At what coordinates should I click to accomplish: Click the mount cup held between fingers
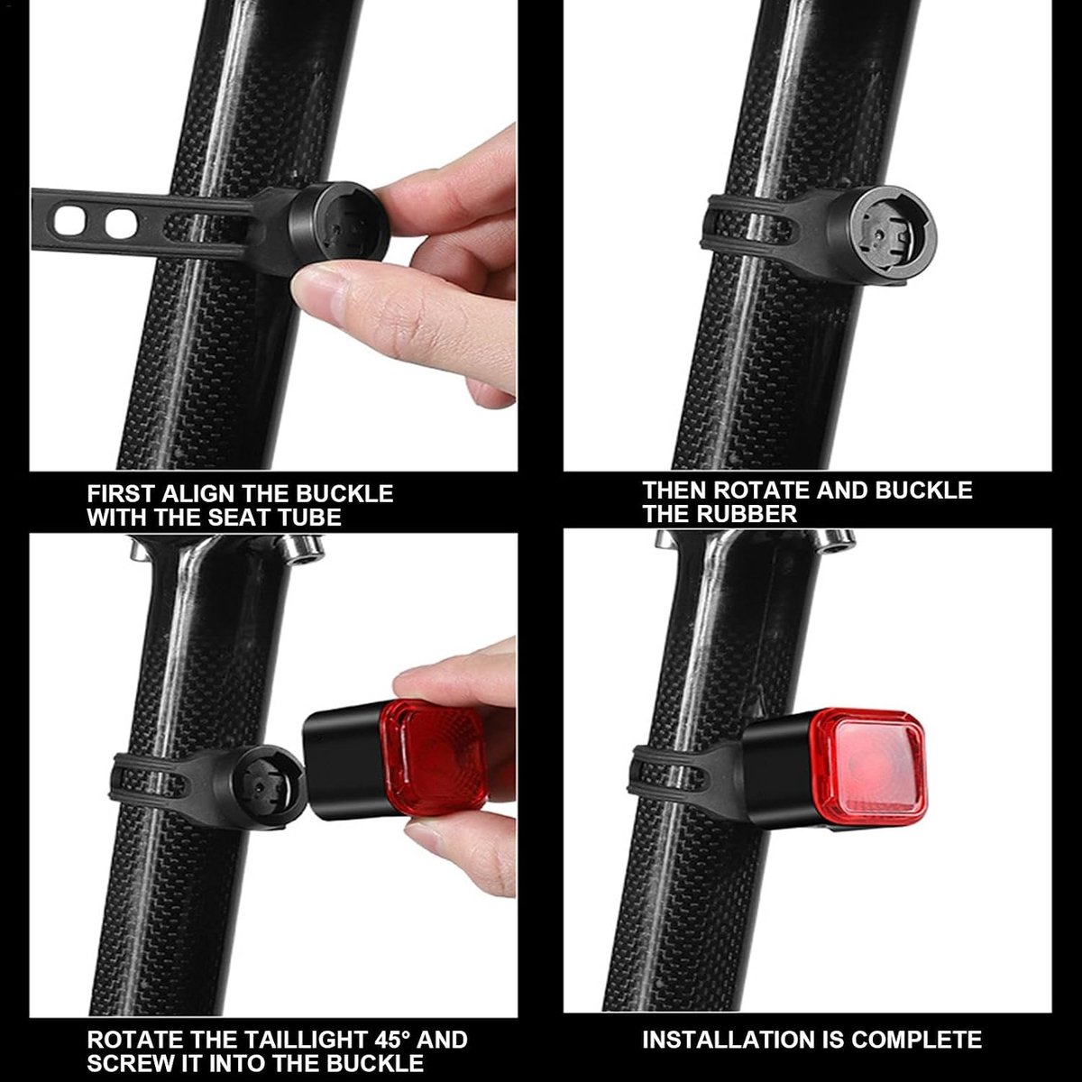tap(339, 228)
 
